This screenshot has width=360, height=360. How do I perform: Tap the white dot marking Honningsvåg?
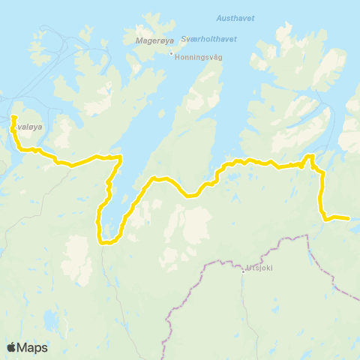[171, 54]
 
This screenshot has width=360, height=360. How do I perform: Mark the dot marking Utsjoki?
[244, 271]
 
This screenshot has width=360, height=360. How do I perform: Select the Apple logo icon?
[12, 347]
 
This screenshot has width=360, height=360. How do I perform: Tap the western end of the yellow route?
[13, 116]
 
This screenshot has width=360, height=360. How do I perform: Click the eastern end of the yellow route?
[348, 218]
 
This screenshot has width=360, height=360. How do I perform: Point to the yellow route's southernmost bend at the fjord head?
[107, 242]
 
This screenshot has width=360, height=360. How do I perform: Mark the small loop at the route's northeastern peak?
[308, 157]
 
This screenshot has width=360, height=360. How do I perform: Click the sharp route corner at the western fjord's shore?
[120, 157]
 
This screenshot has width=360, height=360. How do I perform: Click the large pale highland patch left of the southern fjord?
[78, 255]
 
